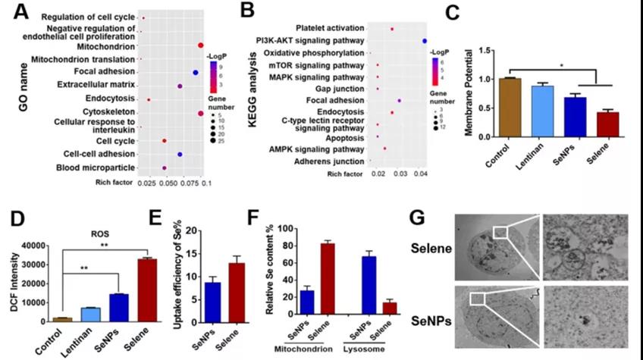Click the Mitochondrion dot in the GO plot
pos(200,45)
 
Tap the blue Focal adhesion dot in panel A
pos(196,72)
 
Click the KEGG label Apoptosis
pos(345,137)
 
